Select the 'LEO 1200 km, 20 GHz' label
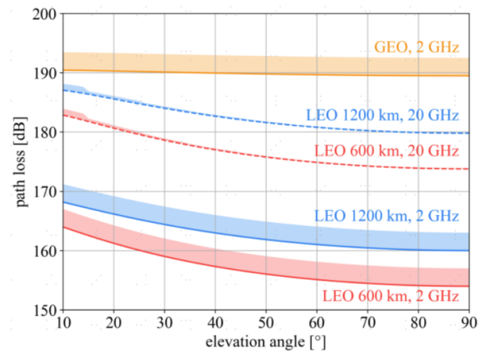click(382, 115)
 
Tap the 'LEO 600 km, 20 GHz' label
click(386, 151)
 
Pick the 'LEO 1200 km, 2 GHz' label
click(386, 216)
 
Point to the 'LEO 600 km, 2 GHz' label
click(390, 296)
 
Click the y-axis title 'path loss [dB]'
click(22, 162)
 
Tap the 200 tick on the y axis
click(46, 14)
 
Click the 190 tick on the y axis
click(46, 73)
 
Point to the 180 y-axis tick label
click(46, 132)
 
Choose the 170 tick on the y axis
click(46, 192)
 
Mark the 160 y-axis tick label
click(46, 251)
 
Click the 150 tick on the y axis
click(46, 310)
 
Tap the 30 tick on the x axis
click(165, 322)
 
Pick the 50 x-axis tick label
click(266, 322)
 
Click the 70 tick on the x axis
click(368, 322)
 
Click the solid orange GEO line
click(230, 73)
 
